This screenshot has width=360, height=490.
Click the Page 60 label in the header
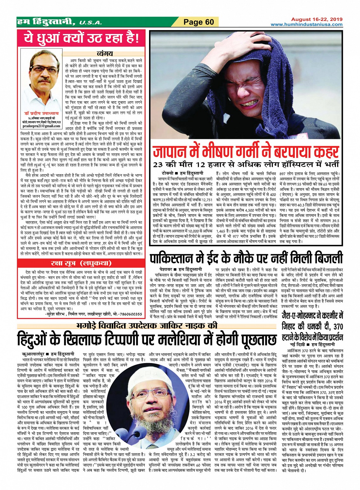click(x=199, y=22)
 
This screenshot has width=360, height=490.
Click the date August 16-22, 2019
click(x=317, y=19)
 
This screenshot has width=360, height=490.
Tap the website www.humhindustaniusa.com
click(x=307, y=24)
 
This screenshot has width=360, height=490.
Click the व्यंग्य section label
click(x=105, y=54)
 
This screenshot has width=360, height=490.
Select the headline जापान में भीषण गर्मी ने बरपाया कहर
click(x=246, y=152)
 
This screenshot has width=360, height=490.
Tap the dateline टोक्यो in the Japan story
click(x=167, y=173)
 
